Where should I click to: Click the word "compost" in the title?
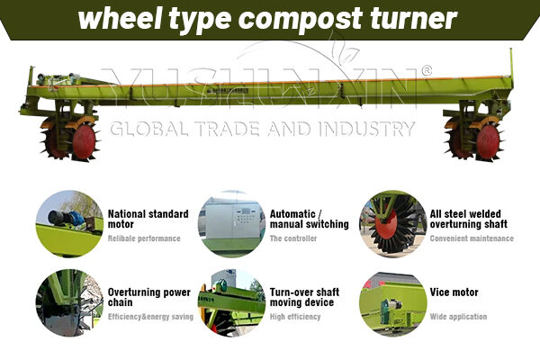(x=299, y=19)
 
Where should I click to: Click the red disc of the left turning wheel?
(x=84, y=141)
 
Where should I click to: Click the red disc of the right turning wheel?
(x=488, y=141)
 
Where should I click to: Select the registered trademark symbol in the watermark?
(x=427, y=70)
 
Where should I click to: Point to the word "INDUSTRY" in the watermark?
(x=366, y=129)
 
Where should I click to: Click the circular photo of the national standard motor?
(x=69, y=223)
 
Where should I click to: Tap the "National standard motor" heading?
(x=148, y=219)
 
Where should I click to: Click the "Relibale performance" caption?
(x=144, y=238)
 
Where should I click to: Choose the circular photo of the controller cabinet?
(x=231, y=223)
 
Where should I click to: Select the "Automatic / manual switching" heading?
(x=310, y=219)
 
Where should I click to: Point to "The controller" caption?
(x=293, y=238)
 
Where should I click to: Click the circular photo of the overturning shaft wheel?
(x=393, y=223)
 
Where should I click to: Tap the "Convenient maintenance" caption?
(x=472, y=238)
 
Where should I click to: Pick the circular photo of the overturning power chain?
(x=69, y=302)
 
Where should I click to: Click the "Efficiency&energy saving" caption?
(x=150, y=317)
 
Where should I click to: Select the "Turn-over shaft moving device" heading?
(x=304, y=297)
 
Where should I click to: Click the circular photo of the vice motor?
(x=393, y=303)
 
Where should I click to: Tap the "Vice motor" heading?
(x=454, y=292)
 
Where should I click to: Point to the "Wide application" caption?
(x=458, y=317)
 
